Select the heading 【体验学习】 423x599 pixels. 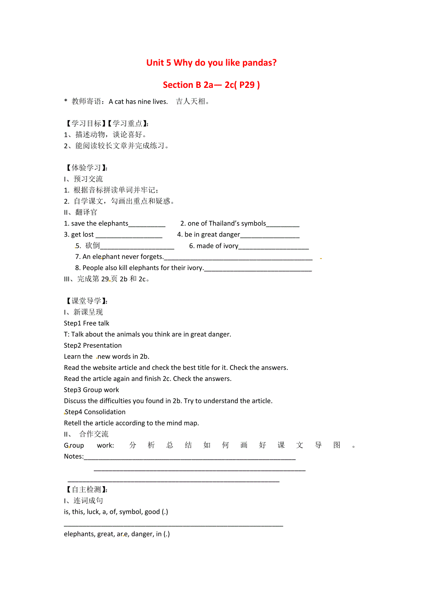86,168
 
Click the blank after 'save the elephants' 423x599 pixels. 147,224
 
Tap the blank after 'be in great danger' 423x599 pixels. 269,235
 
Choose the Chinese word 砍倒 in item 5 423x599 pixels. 92,246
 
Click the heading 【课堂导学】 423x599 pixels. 86,301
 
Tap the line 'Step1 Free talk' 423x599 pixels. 86,323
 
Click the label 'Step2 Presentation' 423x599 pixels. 93,346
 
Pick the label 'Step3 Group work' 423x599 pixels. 91,390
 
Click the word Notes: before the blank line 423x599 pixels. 74,456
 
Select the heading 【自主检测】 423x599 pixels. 86,490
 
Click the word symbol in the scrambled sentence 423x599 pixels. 130,512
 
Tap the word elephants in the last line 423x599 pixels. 79,534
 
